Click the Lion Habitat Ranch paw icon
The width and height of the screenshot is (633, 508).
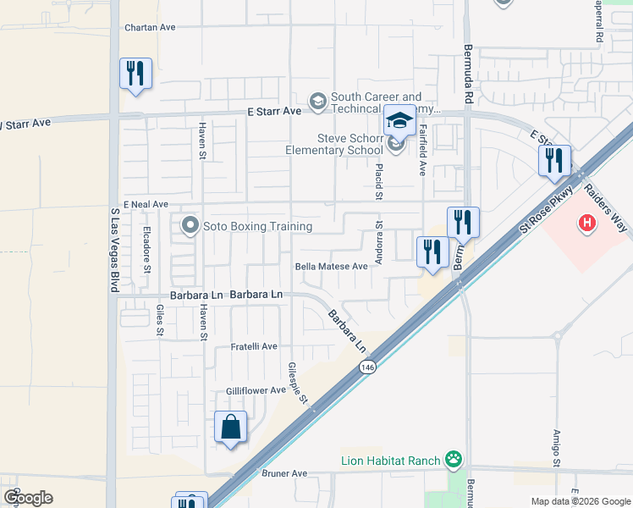(454, 460)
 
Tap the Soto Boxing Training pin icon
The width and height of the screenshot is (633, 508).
(189, 226)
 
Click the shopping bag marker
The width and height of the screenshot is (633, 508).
(230, 428)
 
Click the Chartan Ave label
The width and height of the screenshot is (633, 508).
(150, 27)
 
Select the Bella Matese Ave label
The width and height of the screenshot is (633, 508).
(332, 266)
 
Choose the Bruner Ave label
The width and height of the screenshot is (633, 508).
(284, 474)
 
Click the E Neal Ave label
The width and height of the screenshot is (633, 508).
(146, 205)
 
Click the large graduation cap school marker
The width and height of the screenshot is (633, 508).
(399, 121)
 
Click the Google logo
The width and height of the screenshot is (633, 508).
(28, 498)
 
